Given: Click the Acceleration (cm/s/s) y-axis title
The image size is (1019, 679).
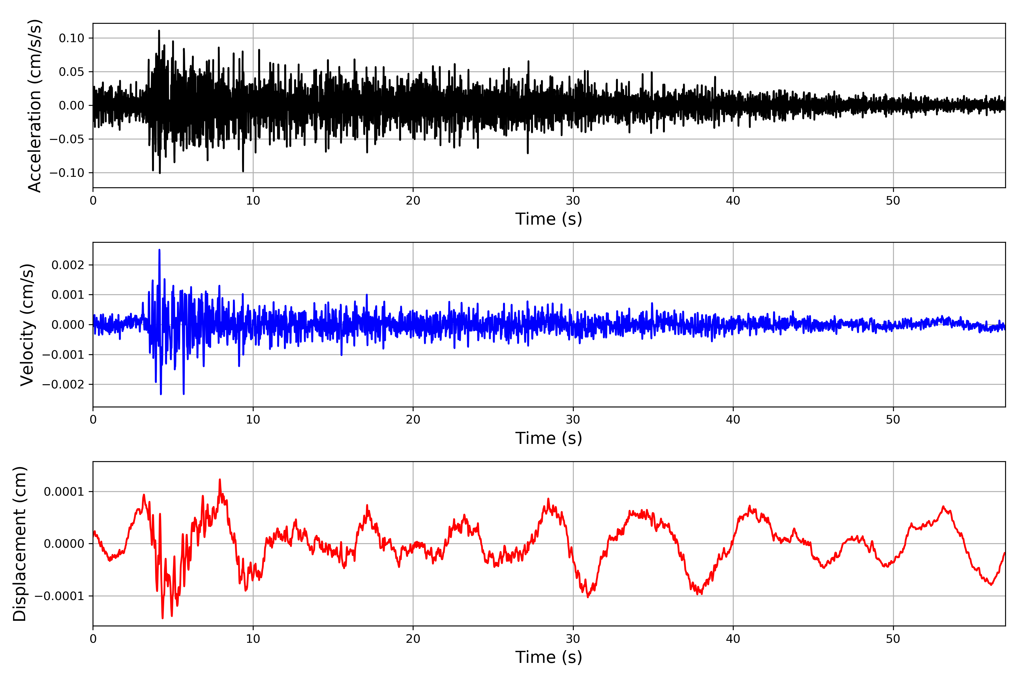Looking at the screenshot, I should (x=35, y=105).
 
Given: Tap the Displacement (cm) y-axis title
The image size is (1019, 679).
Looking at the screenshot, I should (x=20, y=543).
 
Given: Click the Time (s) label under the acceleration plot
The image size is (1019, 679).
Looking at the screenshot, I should (x=549, y=219).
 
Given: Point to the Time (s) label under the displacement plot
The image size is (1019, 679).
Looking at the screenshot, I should (x=549, y=657).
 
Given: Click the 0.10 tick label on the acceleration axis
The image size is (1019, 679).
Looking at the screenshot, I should (x=72, y=38).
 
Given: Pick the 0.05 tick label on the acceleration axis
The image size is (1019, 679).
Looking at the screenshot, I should (x=72, y=72).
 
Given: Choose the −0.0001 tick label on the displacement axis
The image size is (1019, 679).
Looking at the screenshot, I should (x=59, y=596).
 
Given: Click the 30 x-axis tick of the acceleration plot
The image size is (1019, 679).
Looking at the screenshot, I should (x=573, y=201).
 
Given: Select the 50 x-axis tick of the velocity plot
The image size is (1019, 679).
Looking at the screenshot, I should (x=893, y=420).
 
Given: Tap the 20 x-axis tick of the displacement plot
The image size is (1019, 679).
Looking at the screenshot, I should (x=413, y=639).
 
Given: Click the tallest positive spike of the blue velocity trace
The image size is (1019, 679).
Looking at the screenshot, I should (x=159, y=250).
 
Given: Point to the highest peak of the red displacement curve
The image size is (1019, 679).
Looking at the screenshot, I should (x=220, y=479).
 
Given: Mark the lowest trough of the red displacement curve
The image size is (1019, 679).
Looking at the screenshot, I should (x=162, y=618).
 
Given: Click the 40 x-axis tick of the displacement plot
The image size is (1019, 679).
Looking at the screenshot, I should (x=733, y=639).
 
